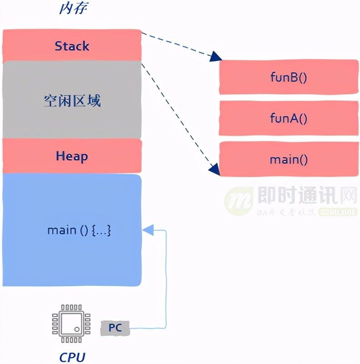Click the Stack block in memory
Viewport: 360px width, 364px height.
72,46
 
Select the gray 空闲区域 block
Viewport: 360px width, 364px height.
72,100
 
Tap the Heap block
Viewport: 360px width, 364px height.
72,156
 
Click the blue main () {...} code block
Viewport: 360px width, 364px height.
72,230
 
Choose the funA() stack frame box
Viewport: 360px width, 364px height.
288,118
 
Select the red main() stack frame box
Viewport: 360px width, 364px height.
288,159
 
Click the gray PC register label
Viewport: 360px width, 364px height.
115,327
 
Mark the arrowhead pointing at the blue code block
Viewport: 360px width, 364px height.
148,230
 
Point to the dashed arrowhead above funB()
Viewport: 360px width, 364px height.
215,57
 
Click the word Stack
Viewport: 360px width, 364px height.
72,46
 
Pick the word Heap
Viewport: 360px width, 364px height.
72,156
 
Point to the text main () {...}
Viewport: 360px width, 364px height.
79,230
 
